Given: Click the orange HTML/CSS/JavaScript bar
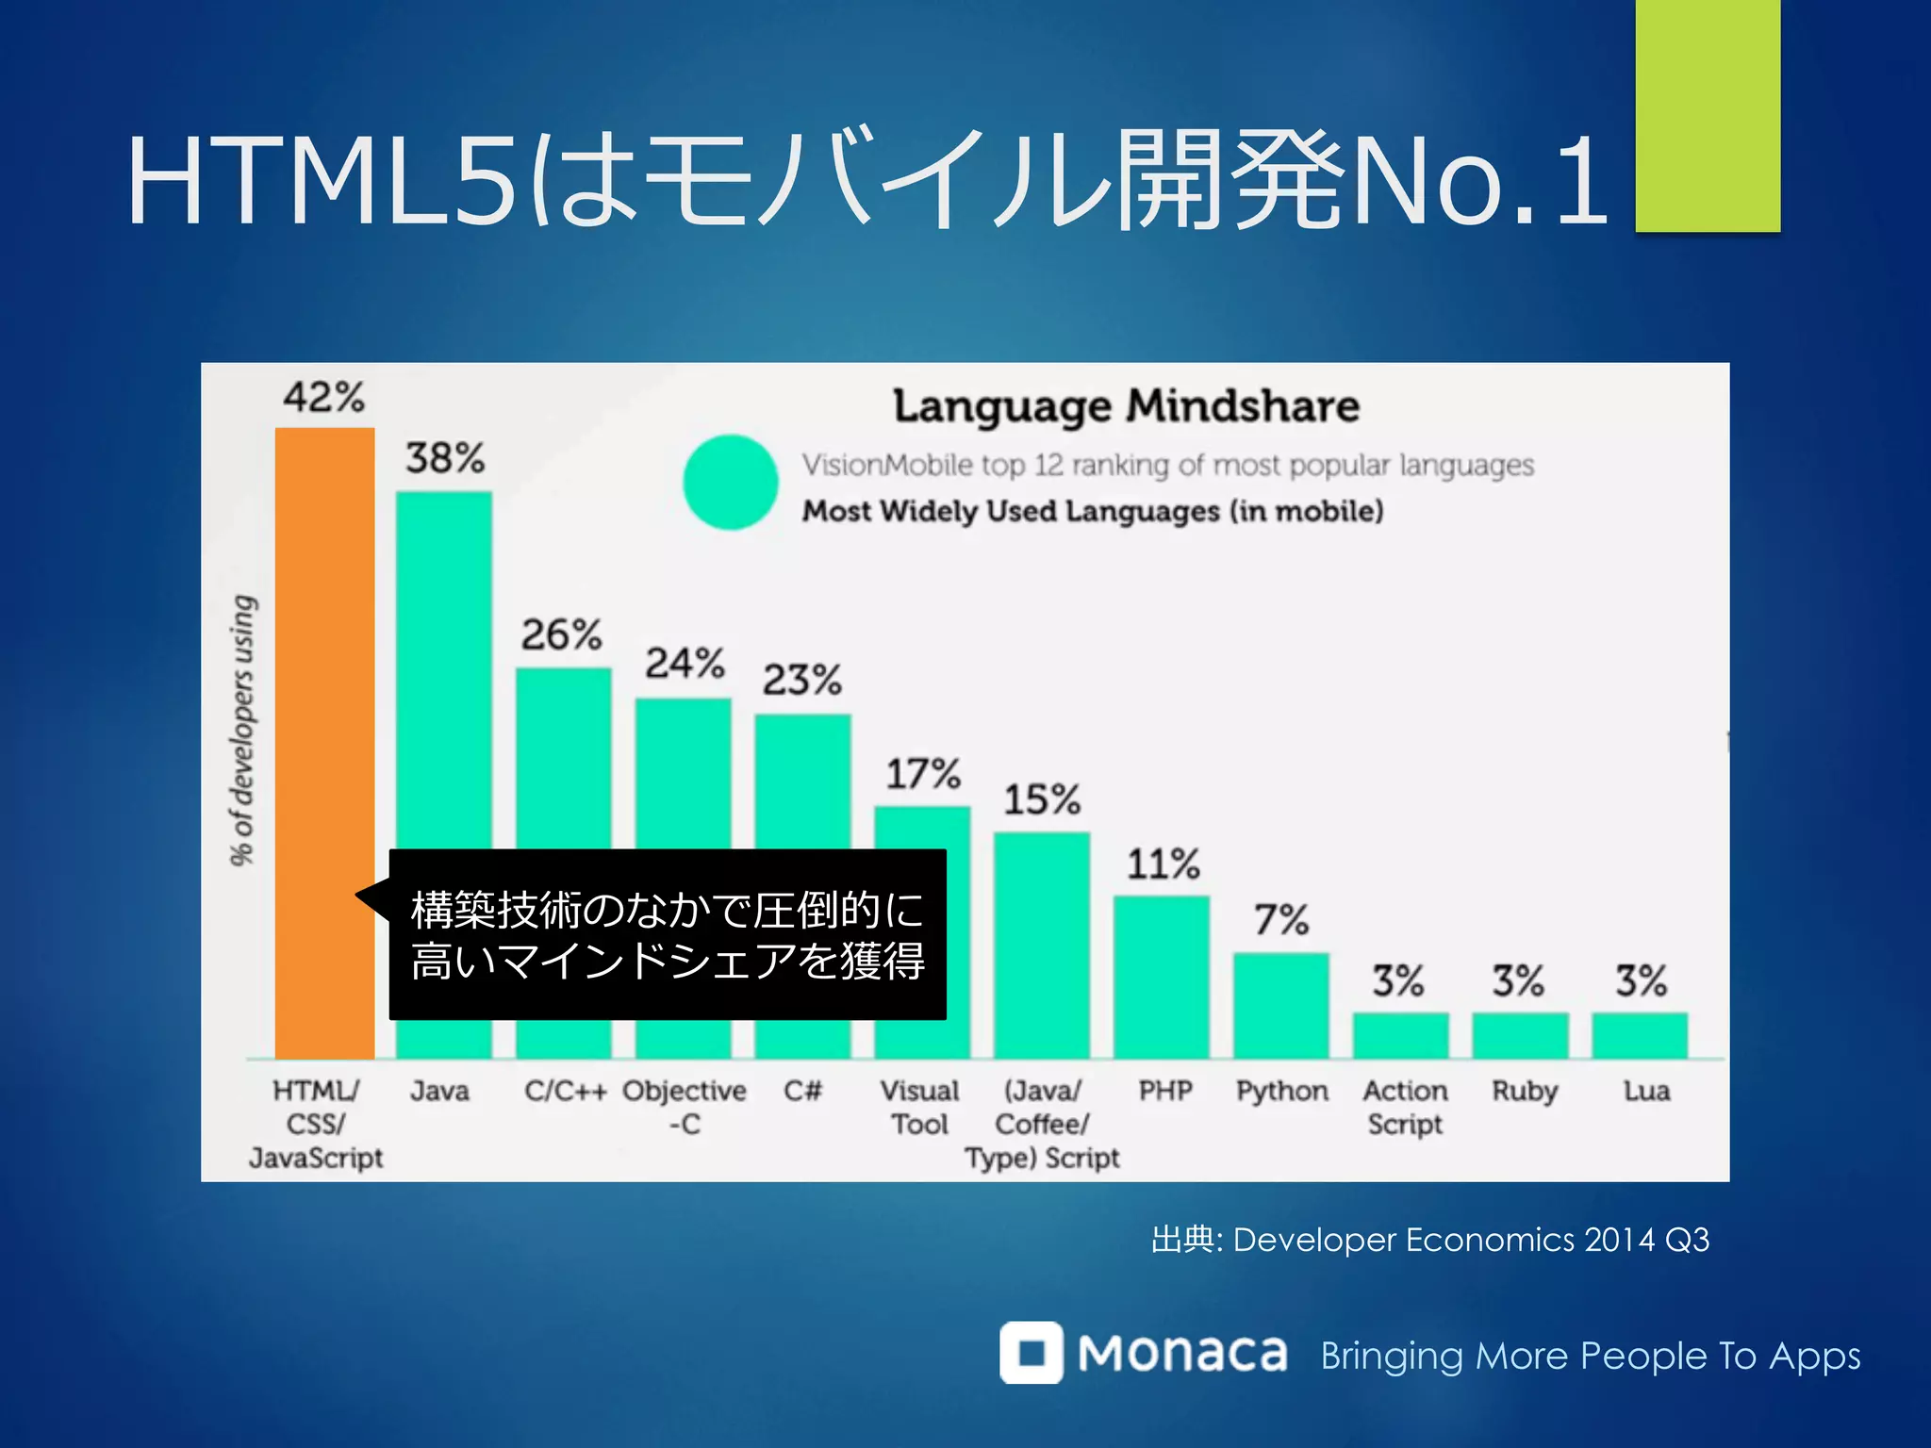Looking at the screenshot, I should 324,660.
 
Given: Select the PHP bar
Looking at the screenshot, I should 1162,977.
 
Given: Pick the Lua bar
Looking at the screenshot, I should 1640,1035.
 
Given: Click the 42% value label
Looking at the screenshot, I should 323,397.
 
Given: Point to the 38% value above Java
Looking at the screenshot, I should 445,458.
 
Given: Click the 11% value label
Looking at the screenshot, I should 1164,864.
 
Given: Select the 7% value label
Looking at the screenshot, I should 1281,919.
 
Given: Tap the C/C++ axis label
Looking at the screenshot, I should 565,1091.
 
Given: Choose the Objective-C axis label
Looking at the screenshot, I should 685,1107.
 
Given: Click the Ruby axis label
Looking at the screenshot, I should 1524,1092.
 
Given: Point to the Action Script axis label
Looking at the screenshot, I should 1405,1107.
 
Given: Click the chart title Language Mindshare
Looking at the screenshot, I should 1126,406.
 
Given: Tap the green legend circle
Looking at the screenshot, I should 730,482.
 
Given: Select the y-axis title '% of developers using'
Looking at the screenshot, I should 243,730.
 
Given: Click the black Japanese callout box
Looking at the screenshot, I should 668,934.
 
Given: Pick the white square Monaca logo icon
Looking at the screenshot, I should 1031,1352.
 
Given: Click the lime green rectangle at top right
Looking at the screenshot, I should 1708,115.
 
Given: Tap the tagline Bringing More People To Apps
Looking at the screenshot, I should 1590,1356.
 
